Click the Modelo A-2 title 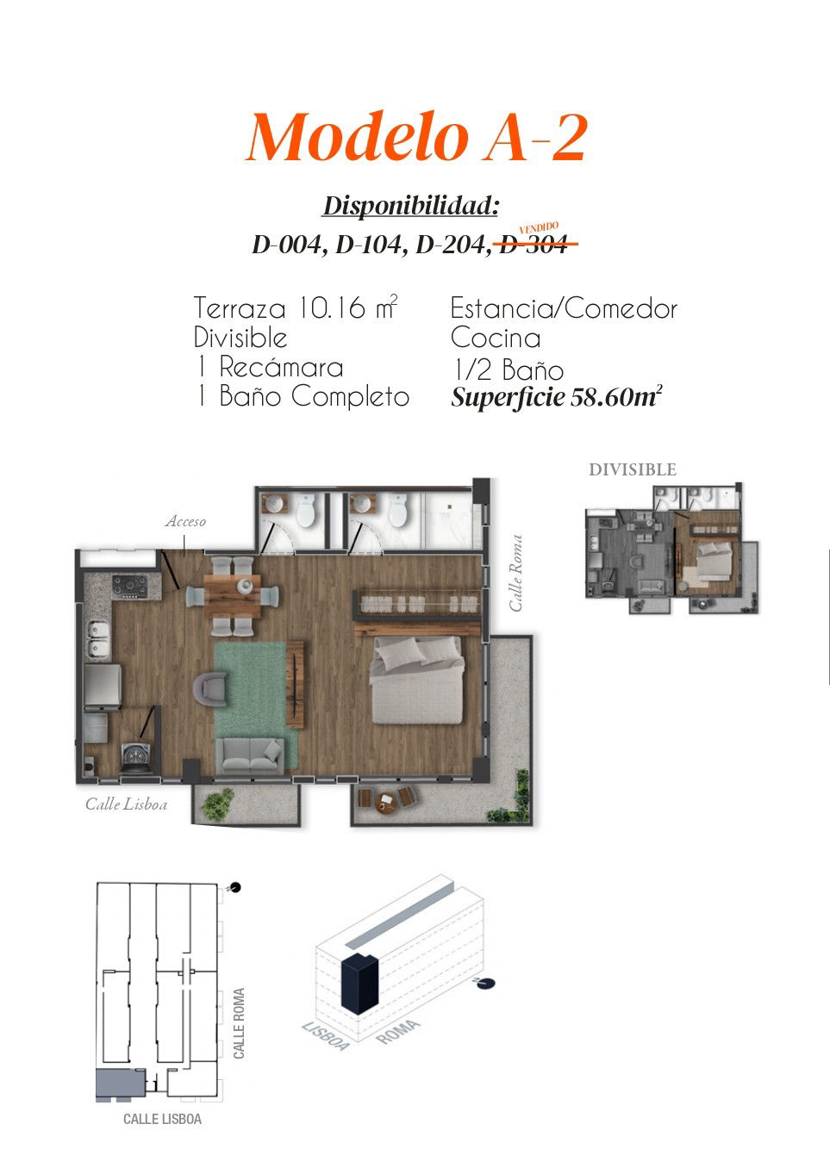416,137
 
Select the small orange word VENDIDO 539,227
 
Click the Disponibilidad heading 410,207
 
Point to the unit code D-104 368,245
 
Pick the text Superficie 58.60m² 556,397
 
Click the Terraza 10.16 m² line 295,307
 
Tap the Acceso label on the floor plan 185,521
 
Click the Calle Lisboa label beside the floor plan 127,804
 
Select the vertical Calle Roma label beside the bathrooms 516,573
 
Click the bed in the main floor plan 417,680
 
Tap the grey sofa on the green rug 250,756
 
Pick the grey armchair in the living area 210,689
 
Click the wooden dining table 232,596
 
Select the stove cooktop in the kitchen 129,587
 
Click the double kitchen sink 97,640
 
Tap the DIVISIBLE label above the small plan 633,469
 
